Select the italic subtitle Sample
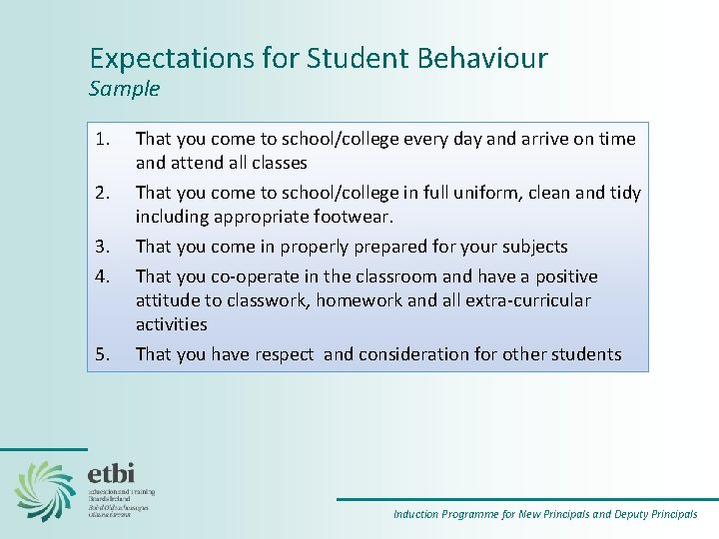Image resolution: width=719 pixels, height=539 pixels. pos(124,89)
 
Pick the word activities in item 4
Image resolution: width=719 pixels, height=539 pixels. pos(172,324)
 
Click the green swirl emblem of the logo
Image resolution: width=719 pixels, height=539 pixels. pos(45,490)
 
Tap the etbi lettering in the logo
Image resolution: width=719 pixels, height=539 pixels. pos(111,473)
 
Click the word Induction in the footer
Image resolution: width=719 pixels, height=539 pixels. pos(416,515)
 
